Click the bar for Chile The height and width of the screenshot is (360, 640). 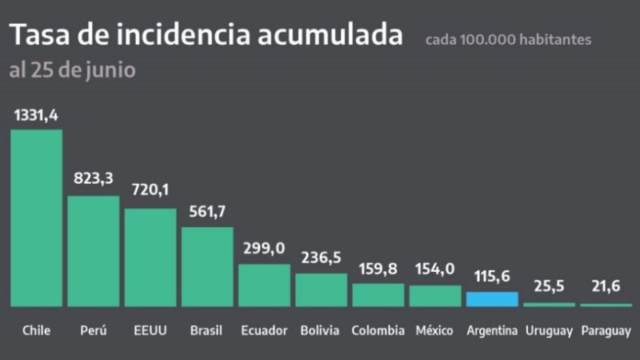coord(36,218)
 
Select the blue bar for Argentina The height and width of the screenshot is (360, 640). coord(492,299)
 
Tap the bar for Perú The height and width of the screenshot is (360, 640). coord(93,251)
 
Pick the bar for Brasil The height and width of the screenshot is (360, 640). coord(207,267)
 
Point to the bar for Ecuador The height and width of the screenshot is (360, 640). coord(264,286)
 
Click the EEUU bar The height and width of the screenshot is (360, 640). coord(150,258)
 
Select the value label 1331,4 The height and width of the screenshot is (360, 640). coord(36,116)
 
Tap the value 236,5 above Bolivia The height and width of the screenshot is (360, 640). coord(321,258)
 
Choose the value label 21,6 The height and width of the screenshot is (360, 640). coord(606,286)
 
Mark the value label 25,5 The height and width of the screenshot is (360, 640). coord(549,286)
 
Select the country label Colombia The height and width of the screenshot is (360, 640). coord(378,330)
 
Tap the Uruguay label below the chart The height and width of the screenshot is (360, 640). coord(549,330)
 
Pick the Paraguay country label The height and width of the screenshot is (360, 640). coord(606,330)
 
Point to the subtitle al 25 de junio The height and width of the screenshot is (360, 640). coord(72,70)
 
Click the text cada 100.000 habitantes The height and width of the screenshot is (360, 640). coord(508,39)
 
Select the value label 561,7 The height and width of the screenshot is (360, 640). coord(207,213)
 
